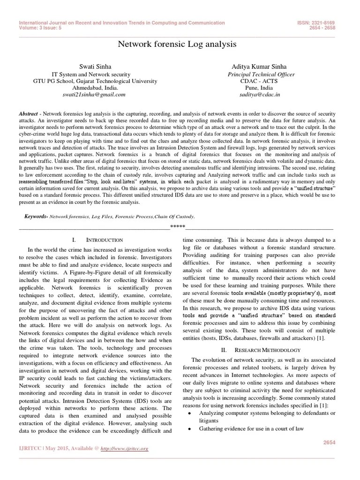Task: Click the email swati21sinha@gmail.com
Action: [x=94, y=94]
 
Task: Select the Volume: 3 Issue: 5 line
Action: [x=42, y=27]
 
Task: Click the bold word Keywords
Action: [x=36, y=217]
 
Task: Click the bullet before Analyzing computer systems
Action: [x=188, y=413]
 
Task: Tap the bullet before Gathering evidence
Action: [x=188, y=428]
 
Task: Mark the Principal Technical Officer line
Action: [x=261, y=74]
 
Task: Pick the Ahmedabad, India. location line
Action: [x=95, y=87]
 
